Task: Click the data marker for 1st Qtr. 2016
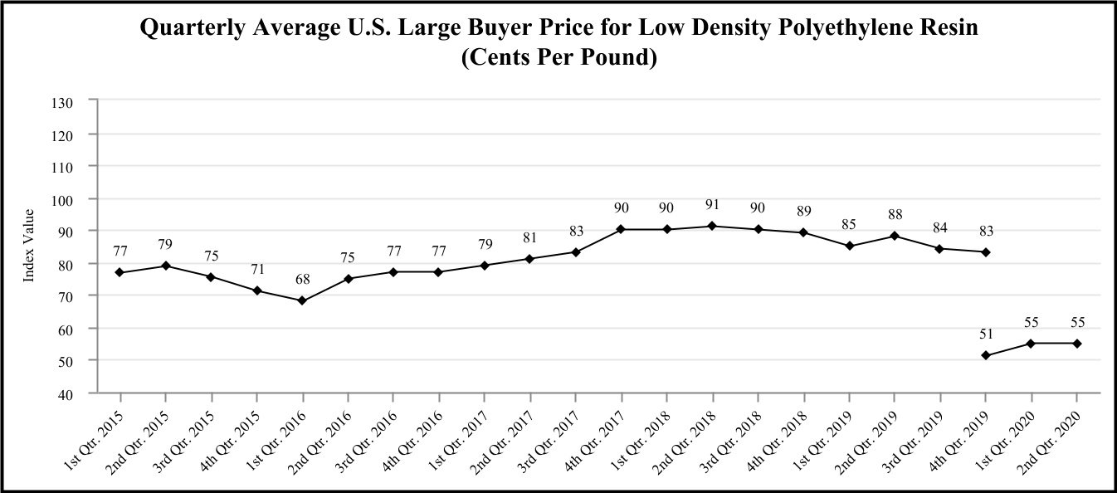click(x=302, y=300)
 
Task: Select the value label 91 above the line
click(x=712, y=204)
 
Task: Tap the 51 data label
click(x=986, y=334)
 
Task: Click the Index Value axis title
click(x=29, y=246)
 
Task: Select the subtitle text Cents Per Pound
click(x=558, y=59)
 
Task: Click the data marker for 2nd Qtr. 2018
click(x=712, y=226)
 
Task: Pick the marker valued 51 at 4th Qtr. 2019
click(x=986, y=355)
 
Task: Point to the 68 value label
click(x=302, y=280)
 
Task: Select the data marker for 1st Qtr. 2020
click(x=1031, y=343)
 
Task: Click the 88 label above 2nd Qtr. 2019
click(x=895, y=214)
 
